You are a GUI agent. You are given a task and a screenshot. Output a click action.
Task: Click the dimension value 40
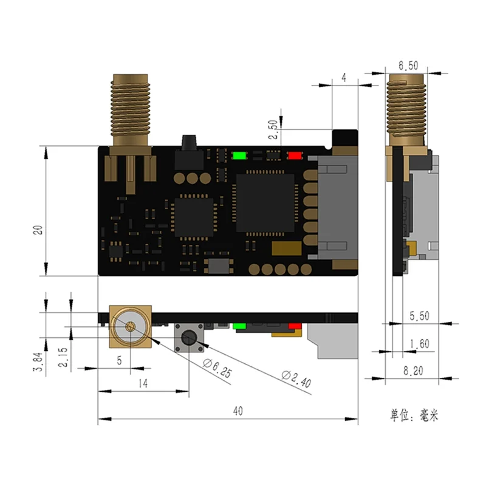coord(238,411)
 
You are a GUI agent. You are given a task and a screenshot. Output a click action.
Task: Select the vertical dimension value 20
coord(38,230)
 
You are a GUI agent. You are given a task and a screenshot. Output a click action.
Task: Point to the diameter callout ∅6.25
coord(217,364)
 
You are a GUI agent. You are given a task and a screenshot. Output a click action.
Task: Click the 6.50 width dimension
coord(408,66)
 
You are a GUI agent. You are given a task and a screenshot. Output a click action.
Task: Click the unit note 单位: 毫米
coord(413,416)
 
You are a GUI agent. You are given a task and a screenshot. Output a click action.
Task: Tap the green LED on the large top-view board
coord(239,155)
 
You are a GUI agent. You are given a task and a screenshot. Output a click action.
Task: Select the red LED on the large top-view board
coord(295,155)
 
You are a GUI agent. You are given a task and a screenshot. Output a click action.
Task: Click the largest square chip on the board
coord(265,202)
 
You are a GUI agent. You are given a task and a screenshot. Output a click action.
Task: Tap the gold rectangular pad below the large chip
coord(286,249)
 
